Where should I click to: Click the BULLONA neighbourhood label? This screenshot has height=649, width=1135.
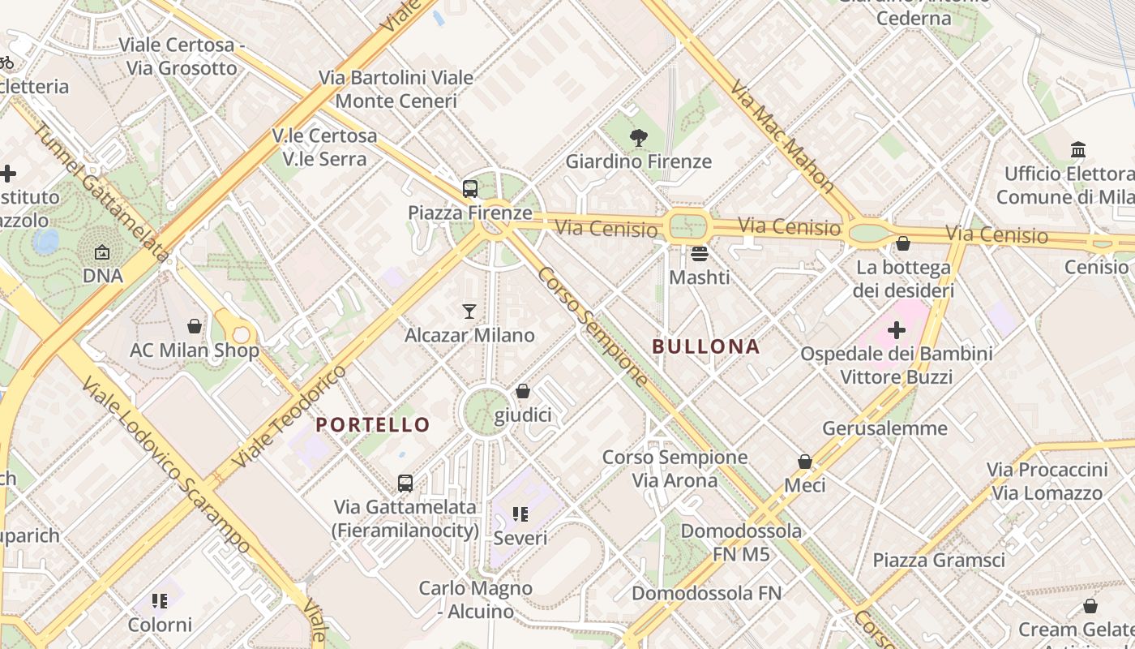coord(706,347)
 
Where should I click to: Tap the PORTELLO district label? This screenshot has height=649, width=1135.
coord(373,424)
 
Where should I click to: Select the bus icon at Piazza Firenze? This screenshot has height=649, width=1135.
coord(470,189)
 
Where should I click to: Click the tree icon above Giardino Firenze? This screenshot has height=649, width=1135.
coord(639,138)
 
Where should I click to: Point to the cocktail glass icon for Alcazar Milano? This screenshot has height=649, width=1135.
coord(469,311)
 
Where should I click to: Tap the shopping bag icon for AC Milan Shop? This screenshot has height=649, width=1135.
coord(195,326)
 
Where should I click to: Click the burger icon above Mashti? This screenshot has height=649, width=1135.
coord(700,254)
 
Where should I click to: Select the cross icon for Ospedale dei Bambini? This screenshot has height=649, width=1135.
coord(897,330)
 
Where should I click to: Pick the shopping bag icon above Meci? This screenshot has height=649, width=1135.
coord(805,462)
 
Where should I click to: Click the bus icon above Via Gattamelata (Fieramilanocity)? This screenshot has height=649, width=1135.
coord(405,484)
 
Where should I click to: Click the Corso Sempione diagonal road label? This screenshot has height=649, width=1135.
coord(593,327)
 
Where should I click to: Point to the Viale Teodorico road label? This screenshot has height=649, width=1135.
coord(289,416)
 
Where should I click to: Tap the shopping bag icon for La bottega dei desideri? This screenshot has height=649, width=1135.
coord(903,243)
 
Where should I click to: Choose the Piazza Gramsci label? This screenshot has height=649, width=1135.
coord(939,560)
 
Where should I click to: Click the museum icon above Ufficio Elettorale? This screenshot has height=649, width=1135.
coord(1078,150)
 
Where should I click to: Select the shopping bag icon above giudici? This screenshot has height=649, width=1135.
coord(523,392)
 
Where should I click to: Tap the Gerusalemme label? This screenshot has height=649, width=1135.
coord(884,428)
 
